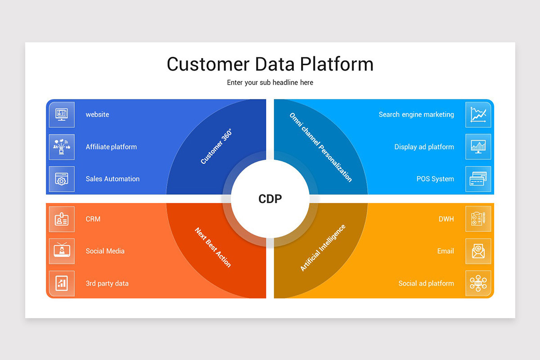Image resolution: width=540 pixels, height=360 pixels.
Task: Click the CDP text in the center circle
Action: click(x=270, y=198)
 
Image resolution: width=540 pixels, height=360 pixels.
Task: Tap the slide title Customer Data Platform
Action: click(x=270, y=64)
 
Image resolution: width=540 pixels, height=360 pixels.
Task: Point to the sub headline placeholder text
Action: click(x=270, y=82)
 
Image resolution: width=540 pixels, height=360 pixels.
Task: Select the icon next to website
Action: click(x=62, y=114)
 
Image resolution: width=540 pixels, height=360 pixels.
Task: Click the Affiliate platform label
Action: click(x=111, y=147)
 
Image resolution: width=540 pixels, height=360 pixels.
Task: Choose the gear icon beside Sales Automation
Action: click(x=62, y=179)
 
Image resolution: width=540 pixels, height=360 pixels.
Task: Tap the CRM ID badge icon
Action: click(x=62, y=219)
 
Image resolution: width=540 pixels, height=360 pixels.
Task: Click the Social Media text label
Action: click(x=105, y=251)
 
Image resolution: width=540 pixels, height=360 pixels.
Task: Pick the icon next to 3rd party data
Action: click(x=62, y=283)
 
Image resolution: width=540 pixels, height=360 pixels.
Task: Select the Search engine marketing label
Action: click(x=416, y=114)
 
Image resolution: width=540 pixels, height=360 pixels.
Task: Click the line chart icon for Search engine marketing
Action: click(x=478, y=114)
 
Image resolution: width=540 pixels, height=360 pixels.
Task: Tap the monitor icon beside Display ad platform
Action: click(x=478, y=147)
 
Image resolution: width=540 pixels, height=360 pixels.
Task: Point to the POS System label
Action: click(x=435, y=179)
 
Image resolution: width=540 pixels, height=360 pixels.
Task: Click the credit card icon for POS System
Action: click(x=478, y=179)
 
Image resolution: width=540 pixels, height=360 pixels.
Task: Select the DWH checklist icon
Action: click(x=478, y=219)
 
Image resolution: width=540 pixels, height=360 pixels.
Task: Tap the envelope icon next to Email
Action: click(x=478, y=251)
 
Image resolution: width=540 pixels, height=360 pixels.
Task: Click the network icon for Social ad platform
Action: click(x=478, y=283)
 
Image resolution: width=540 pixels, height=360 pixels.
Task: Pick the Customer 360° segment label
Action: click(x=216, y=147)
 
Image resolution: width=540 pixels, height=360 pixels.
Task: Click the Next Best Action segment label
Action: click(x=213, y=247)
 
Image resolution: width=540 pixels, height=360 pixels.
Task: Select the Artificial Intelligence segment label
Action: click(x=323, y=248)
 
